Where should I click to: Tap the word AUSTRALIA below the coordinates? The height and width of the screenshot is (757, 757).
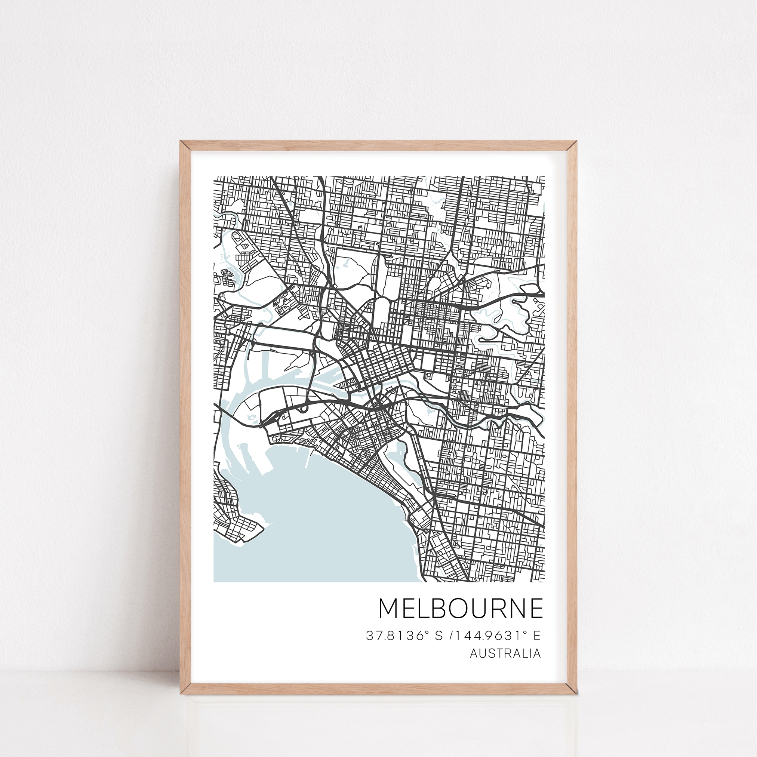pyautogui.click(x=505, y=653)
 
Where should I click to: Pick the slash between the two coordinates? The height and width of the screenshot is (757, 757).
pyautogui.click(x=452, y=636)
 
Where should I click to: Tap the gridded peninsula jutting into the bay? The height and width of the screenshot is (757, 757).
pyautogui.click(x=239, y=529)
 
